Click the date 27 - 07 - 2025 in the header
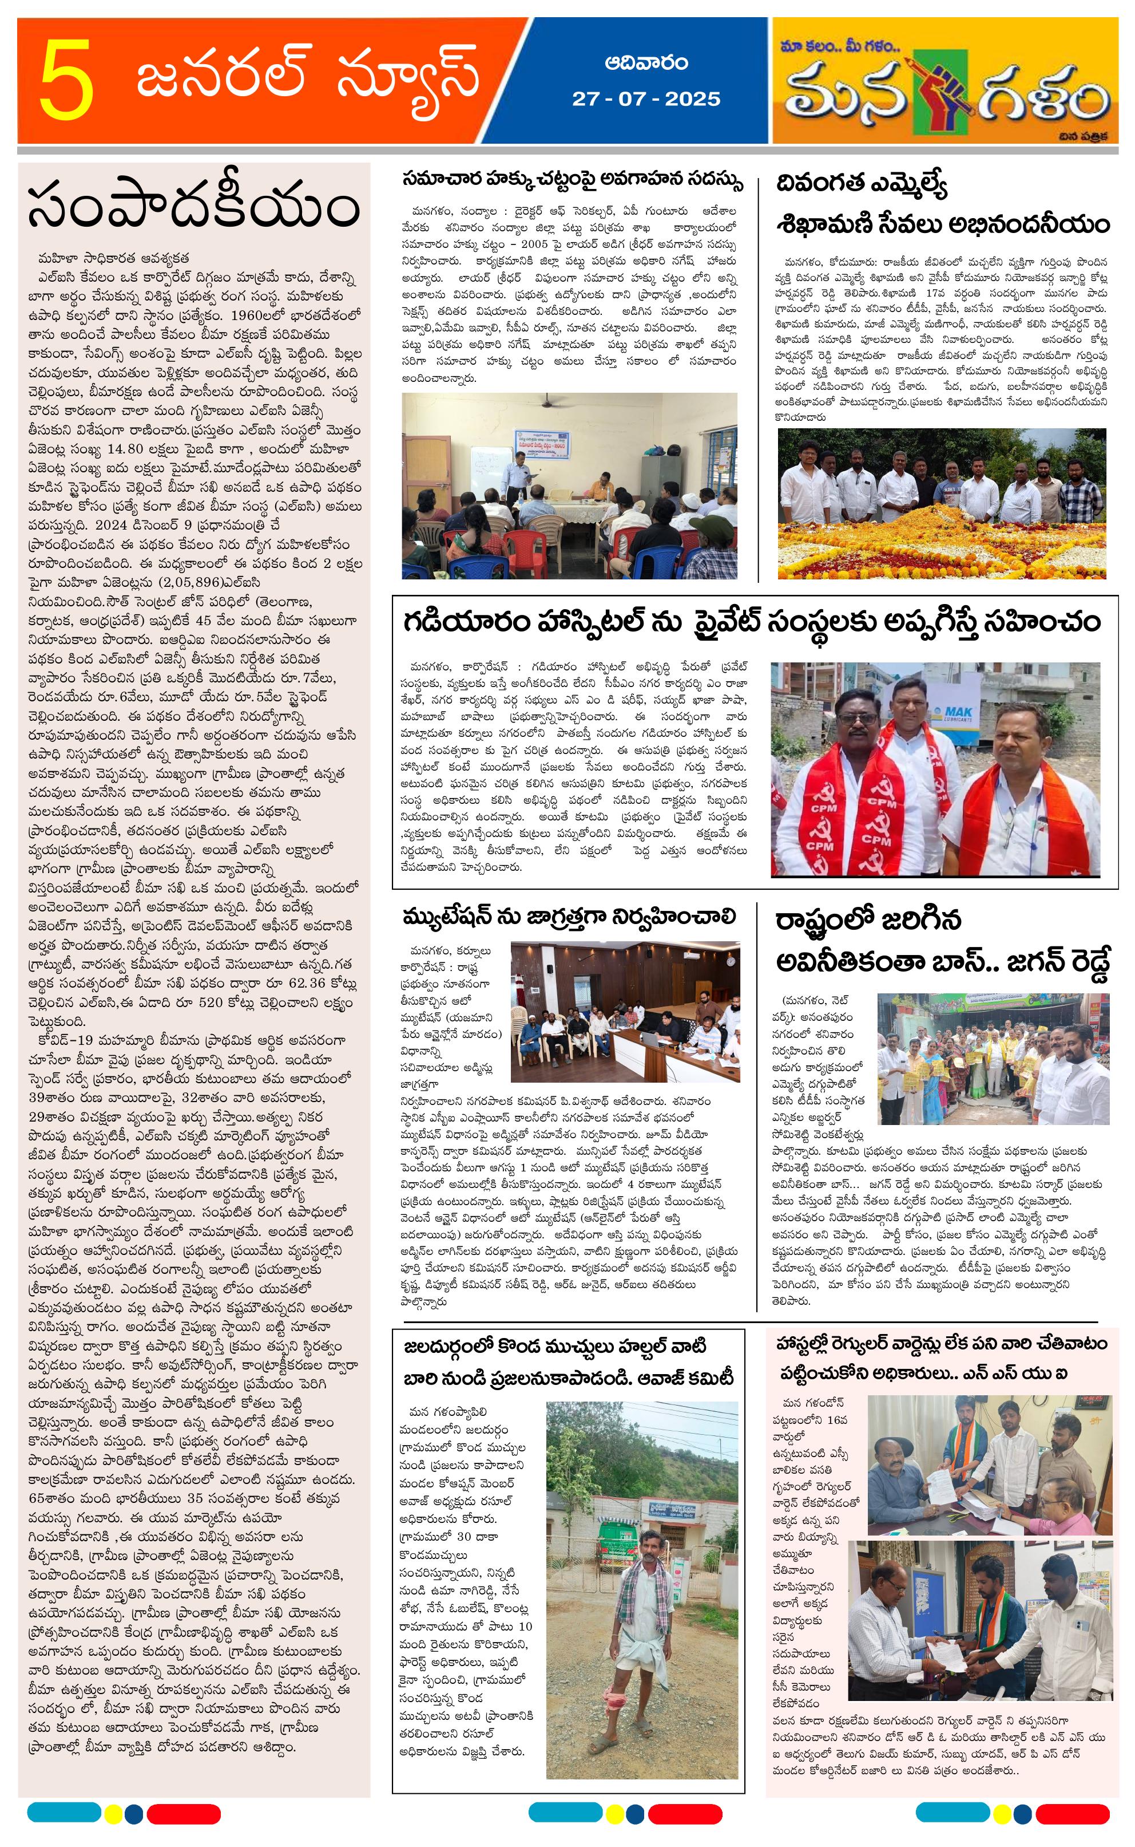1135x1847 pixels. [x=645, y=99]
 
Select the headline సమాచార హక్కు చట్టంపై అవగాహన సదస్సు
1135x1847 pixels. [x=572, y=181]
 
